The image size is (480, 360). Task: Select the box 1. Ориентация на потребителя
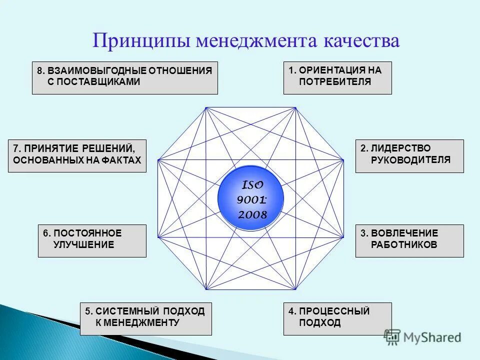click(x=337, y=77)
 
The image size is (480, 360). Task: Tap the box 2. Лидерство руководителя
click(x=409, y=156)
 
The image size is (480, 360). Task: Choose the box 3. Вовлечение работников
click(x=409, y=240)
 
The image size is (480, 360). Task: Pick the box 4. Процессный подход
click(x=337, y=318)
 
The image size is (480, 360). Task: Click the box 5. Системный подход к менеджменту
click(x=145, y=318)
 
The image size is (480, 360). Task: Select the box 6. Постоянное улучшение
click(x=92, y=240)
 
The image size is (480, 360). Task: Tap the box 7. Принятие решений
click(x=77, y=156)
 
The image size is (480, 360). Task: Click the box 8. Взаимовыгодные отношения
click(x=124, y=77)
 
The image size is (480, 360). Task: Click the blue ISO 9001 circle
click(x=250, y=199)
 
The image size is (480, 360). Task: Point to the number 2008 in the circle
click(x=252, y=215)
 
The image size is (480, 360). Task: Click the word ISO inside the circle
click(x=252, y=185)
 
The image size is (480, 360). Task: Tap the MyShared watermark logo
click(x=422, y=337)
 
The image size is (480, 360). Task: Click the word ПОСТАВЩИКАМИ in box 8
click(x=93, y=82)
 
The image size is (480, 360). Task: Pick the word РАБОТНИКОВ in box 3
click(x=404, y=245)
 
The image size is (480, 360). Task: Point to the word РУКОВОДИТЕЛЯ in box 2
click(x=410, y=160)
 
